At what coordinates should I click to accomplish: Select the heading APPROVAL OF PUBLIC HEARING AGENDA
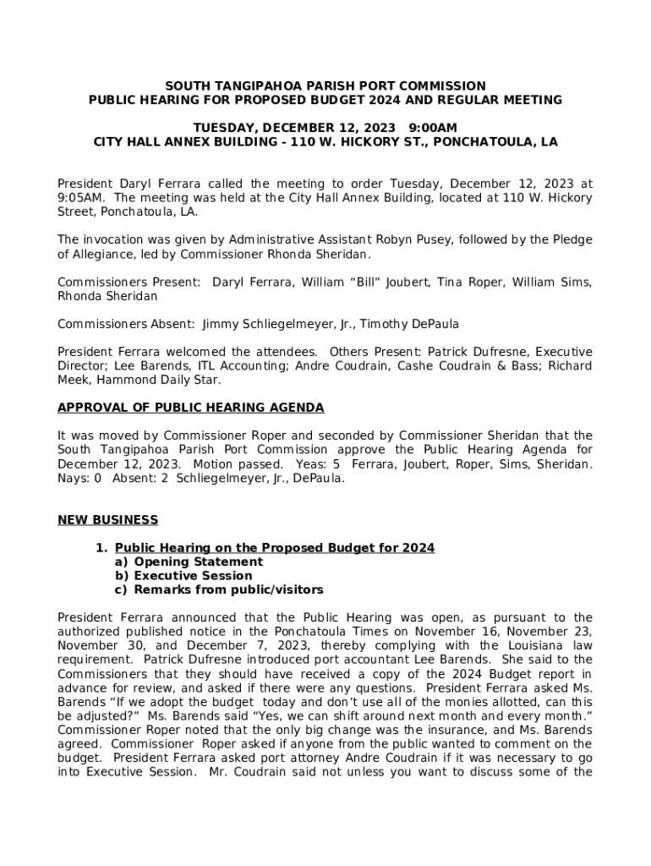[190, 408]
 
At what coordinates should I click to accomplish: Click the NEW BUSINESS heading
[107, 519]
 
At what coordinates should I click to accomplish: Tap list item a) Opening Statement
[189, 562]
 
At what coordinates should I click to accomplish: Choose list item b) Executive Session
[183, 576]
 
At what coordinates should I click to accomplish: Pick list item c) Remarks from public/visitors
[218, 589]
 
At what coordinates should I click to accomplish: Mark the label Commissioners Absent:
[126, 324]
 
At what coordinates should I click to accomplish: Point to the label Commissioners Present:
[129, 282]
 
